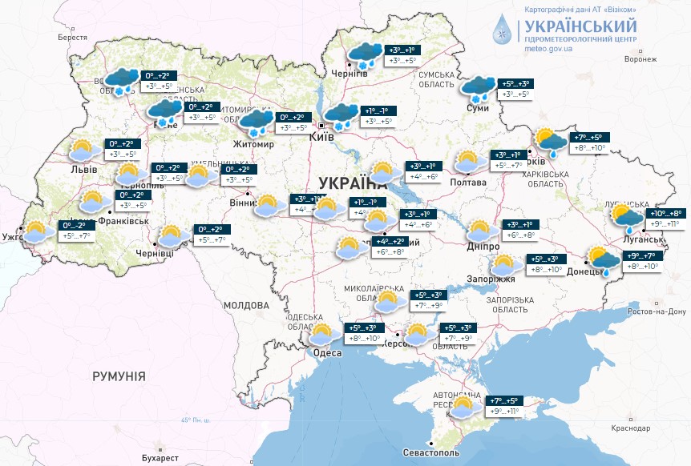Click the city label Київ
coord(321,138)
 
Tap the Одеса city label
coord(327,353)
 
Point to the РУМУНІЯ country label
coord(119,376)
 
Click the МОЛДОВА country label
coord(246,306)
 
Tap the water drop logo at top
coord(502,29)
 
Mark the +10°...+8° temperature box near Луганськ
coord(665,214)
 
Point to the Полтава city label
coord(469,183)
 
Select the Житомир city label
coord(253,145)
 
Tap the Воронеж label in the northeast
coord(640,59)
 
